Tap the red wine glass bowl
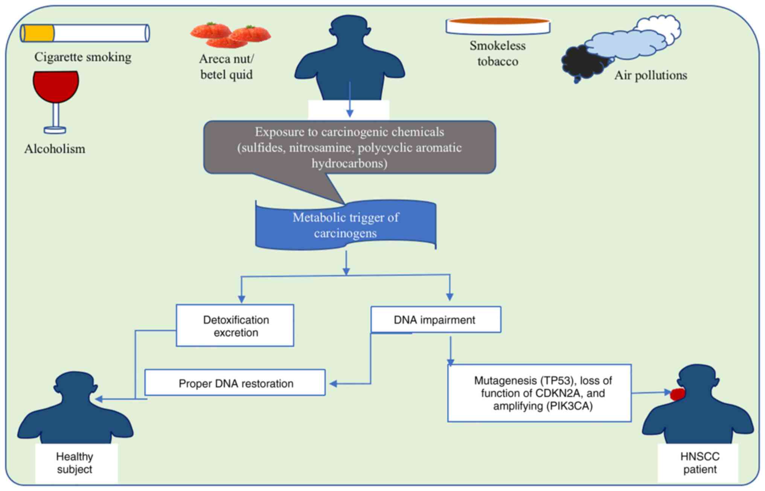pyautogui.click(x=56, y=86)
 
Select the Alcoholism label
pyautogui.click(x=55, y=149)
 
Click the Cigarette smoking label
pyautogui.click(x=83, y=57)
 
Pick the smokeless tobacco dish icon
pyautogui.click(x=498, y=26)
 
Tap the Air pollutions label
pyautogui.click(x=651, y=75)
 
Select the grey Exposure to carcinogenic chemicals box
pyautogui.click(x=349, y=147)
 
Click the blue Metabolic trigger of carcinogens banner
pyautogui.click(x=346, y=225)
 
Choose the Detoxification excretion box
pyautogui.click(x=235, y=326)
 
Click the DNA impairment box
pyautogui.click(x=436, y=320)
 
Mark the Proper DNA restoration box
pyautogui.click(x=235, y=383)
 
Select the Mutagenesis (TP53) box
pyautogui.click(x=539, y=393)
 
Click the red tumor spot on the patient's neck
pyautogui.click(x=678, y=394)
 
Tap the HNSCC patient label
pyautogui.click(x=699, y=463)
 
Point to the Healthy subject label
pyautogui.click(x=75, y=463)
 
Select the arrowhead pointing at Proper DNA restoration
pyautogui.click(x=333, y=384)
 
